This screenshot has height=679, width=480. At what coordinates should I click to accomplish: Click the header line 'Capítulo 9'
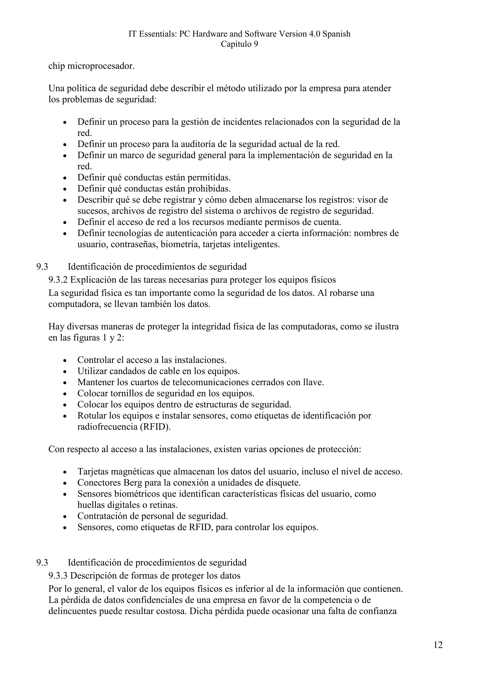(x=239, y=44)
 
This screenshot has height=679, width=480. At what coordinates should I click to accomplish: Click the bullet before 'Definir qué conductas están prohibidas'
(x=65, y=189)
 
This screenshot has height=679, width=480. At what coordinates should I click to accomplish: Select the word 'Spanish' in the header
(x=336, y=34)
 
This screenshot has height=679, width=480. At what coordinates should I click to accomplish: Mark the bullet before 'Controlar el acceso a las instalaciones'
(x=65, y=361)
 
